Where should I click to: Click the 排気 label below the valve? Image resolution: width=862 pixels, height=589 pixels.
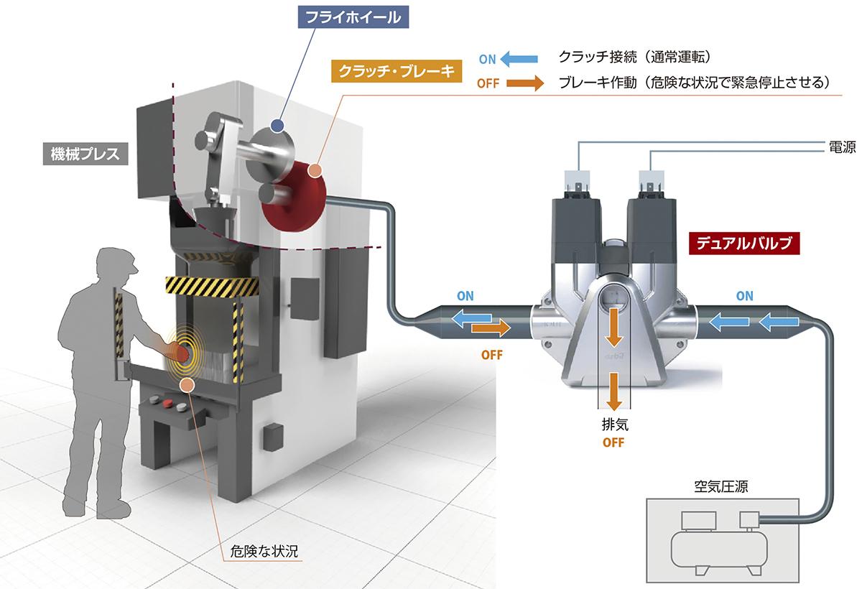coord(613,425)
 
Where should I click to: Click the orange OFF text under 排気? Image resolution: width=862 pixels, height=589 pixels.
coord(613,442)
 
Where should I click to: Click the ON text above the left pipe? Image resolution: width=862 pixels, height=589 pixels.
coord(465,296)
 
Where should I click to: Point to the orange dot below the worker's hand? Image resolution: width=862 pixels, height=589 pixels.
coord(186,385)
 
